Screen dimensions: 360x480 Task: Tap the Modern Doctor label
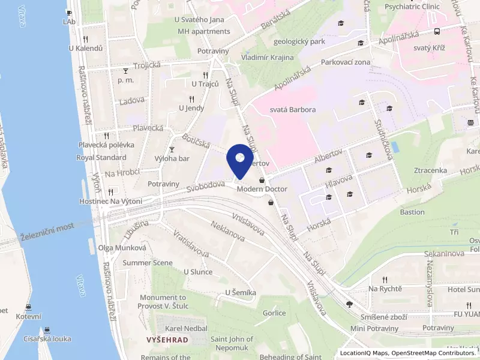point(262,189)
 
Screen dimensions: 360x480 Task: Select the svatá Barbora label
point(292,110)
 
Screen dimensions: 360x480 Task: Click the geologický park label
point(299,42)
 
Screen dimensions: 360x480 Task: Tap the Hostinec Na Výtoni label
point(110,201)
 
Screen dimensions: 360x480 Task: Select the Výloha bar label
point(172,158)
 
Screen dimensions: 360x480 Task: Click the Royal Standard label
point(101,158)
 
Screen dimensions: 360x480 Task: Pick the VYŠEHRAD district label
point(167,340)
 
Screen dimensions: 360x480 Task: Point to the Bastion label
point(412,212)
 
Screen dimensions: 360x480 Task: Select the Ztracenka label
point(430,170)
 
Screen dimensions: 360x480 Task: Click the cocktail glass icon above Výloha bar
point(172,149)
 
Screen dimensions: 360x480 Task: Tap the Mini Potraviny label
point(374,328)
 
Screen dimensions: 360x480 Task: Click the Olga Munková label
point(122,248)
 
